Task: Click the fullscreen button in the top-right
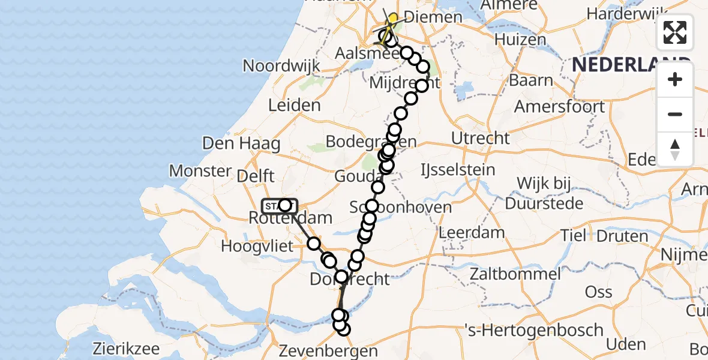675,32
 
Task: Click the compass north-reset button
675,149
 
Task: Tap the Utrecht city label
481,138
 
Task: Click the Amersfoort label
560,107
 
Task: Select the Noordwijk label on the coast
280,65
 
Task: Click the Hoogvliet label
257,245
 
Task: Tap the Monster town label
200,171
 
